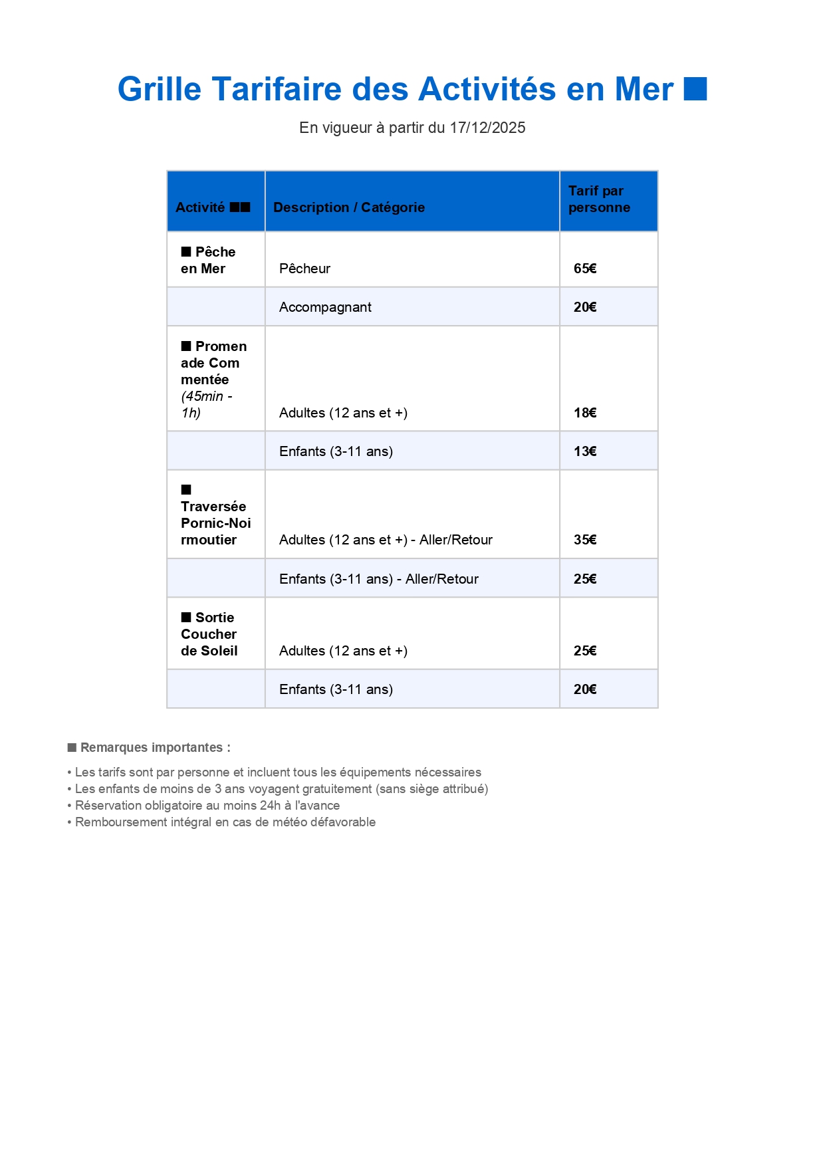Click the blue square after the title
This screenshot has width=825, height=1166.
click(x=695, y=89)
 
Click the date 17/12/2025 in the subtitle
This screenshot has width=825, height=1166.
click(x=487, y=128)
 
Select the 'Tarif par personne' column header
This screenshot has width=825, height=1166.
click(x=599, y=199)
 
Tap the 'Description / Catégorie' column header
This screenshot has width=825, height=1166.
click(x=349, y=207)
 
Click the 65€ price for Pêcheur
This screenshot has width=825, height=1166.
click(x=585, y=269)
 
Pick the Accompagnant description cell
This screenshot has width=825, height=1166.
click(x=325, y=307)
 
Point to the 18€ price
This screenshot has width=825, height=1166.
click(x=585, y=413)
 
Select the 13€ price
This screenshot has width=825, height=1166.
click(x=585, y=451)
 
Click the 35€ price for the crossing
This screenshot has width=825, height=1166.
click(x=585, y=540)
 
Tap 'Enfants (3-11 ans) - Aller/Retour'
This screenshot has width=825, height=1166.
click(x=379, y=579)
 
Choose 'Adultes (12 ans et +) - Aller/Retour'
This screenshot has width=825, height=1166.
click(x=386, y=540)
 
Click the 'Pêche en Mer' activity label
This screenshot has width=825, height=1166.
click(x=208, y=261)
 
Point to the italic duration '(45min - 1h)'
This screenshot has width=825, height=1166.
click(x=206, y=405)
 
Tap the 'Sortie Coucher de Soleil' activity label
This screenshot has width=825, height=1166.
click(x=209, y=634)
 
